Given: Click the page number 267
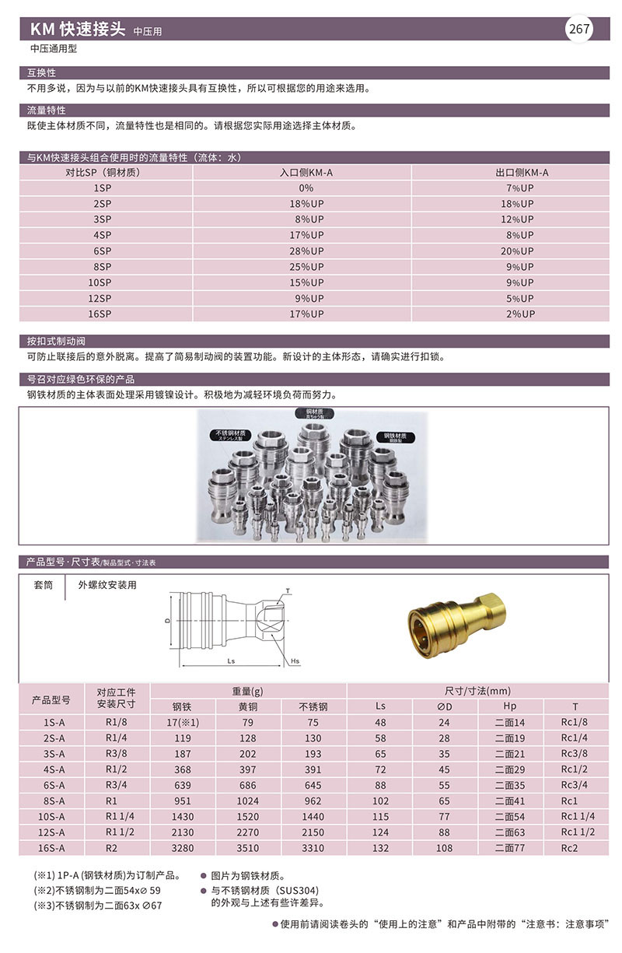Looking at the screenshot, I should [x=579, y=30].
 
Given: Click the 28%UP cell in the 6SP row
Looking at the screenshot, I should [x=306, y=251].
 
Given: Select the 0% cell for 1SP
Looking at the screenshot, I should [x=306, y=188].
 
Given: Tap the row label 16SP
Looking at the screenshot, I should [x=101, y=314].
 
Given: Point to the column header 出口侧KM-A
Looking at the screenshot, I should [x=522, y=173].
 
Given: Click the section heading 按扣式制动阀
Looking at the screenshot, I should [x=58, y=341].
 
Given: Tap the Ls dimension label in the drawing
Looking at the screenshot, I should [x=232, y=660].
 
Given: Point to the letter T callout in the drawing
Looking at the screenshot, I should [x=288, y=591].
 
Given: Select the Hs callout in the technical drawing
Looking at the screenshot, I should [x=295, y=661].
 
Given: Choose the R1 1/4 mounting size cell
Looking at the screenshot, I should [x=116, y=817].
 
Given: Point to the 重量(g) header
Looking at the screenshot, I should [x=248, y=691].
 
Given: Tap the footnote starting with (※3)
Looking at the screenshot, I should [x=98, y=906].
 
